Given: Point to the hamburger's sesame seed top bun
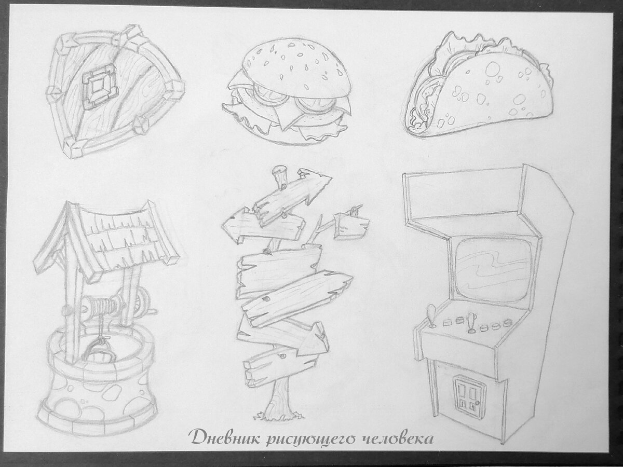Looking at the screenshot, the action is (x=296, y=68).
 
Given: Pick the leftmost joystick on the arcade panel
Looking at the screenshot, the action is (x=432, y=316).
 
